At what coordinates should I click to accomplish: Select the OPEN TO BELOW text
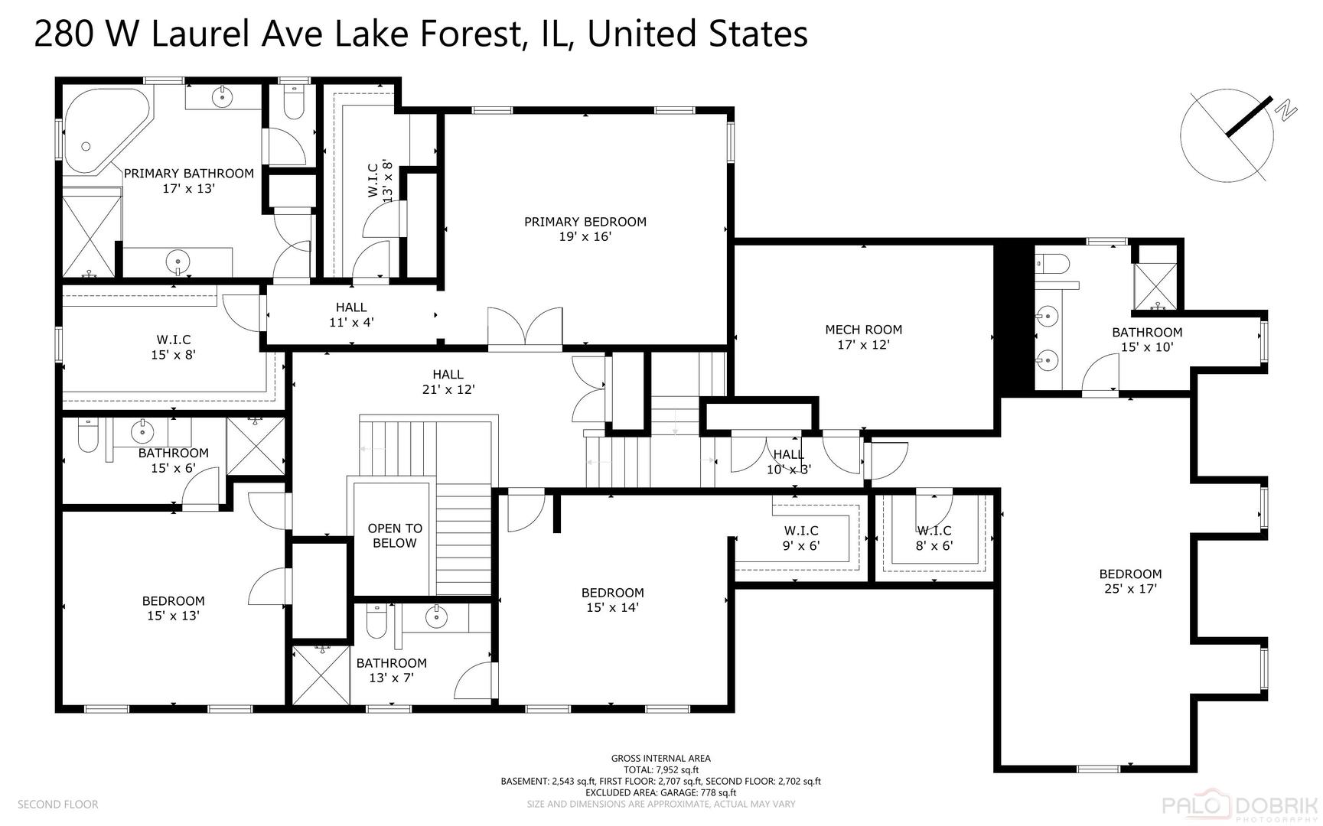coord(395,535)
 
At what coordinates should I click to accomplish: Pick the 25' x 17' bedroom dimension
coord(1130,588)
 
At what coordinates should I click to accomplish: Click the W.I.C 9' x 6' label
coord(801,538)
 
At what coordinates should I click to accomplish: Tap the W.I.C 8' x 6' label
coord(934,538)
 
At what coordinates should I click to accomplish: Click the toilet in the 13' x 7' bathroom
coord(376,622)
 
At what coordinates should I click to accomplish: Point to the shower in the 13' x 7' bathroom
coord(322,675)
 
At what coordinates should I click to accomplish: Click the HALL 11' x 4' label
coord(351,314)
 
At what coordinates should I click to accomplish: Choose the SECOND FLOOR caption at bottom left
coord(58,804)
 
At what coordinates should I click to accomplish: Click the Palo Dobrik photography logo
coord(1240,807)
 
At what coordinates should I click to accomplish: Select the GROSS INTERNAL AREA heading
coord(661,759)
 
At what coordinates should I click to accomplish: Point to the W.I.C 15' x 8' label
coord(174,346)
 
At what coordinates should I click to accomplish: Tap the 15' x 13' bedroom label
coord(174,608)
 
